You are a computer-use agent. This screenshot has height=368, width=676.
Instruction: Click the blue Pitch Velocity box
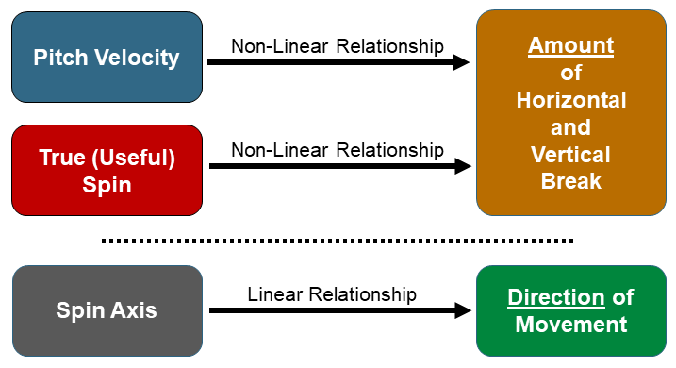107,57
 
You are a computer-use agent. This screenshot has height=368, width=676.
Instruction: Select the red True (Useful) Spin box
107,170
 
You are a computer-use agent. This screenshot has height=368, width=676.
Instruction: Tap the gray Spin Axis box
107,310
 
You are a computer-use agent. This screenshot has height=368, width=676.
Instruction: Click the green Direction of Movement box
570,310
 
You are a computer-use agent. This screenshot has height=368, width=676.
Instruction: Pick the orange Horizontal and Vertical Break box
570,113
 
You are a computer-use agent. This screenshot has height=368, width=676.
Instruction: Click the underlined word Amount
570,45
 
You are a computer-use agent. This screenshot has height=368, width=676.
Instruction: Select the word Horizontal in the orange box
570,100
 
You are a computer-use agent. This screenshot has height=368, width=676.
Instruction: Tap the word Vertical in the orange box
570,155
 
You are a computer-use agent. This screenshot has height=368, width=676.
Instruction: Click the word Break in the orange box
570,181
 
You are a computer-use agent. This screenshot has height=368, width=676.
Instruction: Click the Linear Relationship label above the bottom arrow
332,294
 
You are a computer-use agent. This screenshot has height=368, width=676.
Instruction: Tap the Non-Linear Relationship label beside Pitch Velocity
338,45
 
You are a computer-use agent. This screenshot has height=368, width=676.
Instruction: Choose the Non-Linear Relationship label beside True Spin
338,150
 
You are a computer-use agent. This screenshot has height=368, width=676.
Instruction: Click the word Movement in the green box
570,325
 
